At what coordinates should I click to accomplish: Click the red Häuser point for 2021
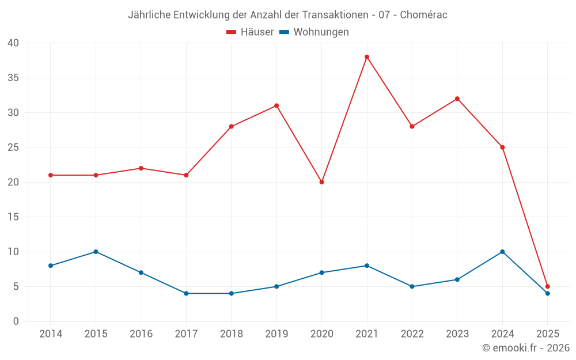pos(367,57)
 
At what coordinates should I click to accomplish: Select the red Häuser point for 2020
pos(322,182)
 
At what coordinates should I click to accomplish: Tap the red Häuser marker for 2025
pos(548,286)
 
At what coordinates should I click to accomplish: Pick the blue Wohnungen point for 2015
pos(96,252)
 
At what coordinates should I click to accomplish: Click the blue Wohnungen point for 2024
pos(502,252)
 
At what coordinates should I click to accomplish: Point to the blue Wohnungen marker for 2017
pos(186,293)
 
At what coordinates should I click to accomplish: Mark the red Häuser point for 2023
pos(457,98)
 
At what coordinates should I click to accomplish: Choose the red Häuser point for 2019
pos(276,105)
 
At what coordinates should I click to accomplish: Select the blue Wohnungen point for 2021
pos(367,266)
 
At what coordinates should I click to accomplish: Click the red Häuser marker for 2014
pos(51,175)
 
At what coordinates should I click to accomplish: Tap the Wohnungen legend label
pos(321,32)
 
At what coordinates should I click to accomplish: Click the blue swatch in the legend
pos(284,32)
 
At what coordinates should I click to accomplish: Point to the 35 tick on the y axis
pos(13,78)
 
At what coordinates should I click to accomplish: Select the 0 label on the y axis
pos(16,321)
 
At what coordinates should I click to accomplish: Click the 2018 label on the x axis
pos(231,334)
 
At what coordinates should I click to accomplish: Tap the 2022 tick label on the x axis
pos(412,334)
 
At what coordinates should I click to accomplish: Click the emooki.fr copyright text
pos(526,348)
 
